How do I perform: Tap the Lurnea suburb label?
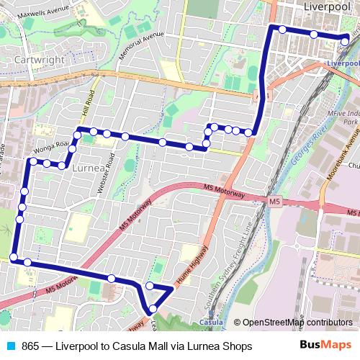(x=89, y=167)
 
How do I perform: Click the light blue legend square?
(x=9, y=346)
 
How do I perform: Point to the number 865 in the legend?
(x=31, y=346)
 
